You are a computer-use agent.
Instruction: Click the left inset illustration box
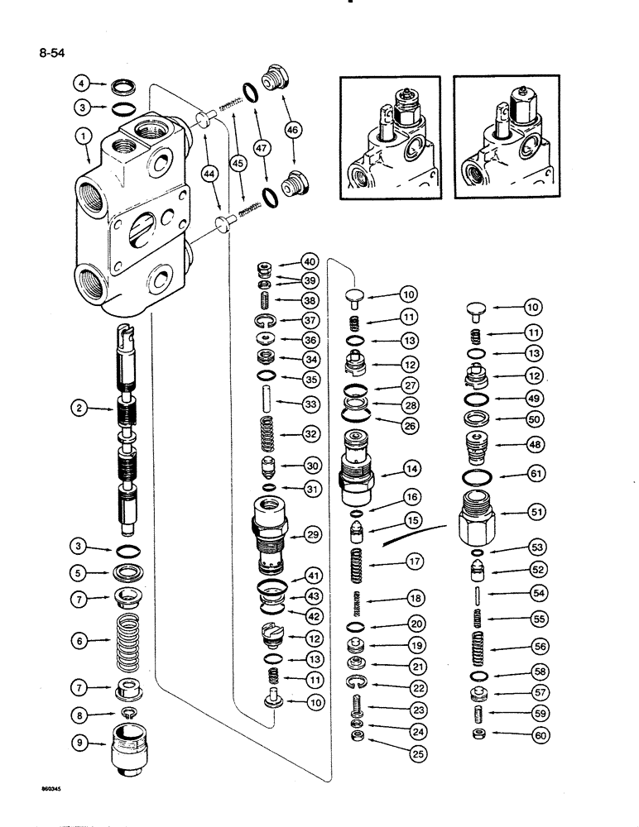point(390,140)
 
